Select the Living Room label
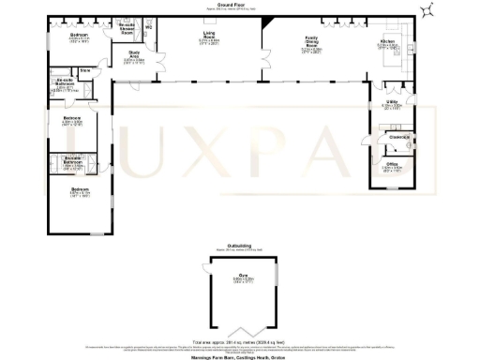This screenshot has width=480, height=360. (x=209, y=42)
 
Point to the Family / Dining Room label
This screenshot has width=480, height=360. (x=310, y=42)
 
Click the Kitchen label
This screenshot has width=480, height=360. (x=387, y=43)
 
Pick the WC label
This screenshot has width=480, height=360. (x=148, y=27)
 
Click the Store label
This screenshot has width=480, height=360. (x=84, y=69)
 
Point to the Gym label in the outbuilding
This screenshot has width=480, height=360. (x=242, y=279)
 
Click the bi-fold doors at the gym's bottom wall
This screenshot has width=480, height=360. (x=241, y=331)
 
